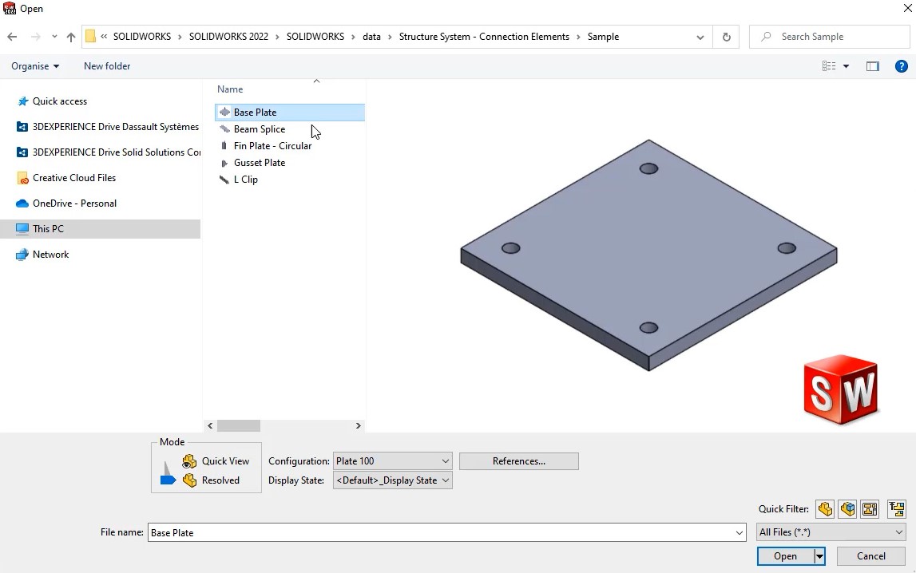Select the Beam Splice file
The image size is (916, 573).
point(259,129)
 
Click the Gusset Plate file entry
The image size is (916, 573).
point(259,163)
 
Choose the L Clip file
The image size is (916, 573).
point(245,180)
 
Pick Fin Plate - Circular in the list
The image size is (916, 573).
point(272,146)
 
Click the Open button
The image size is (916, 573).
point(784,556)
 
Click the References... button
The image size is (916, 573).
point(518,461)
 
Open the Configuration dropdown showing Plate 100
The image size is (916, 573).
point(392,461)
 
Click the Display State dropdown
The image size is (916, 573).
point(392,480)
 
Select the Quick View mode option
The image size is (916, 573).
point(224,461)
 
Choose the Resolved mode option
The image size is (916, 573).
point(220,480)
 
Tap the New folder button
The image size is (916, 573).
point(107,66)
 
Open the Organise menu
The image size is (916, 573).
point(35,66)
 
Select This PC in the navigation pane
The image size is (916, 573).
point(48,229)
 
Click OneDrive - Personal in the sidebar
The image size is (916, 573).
point(74,204)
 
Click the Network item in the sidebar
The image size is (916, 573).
point(50,255)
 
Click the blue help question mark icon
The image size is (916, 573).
point(901,66)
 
